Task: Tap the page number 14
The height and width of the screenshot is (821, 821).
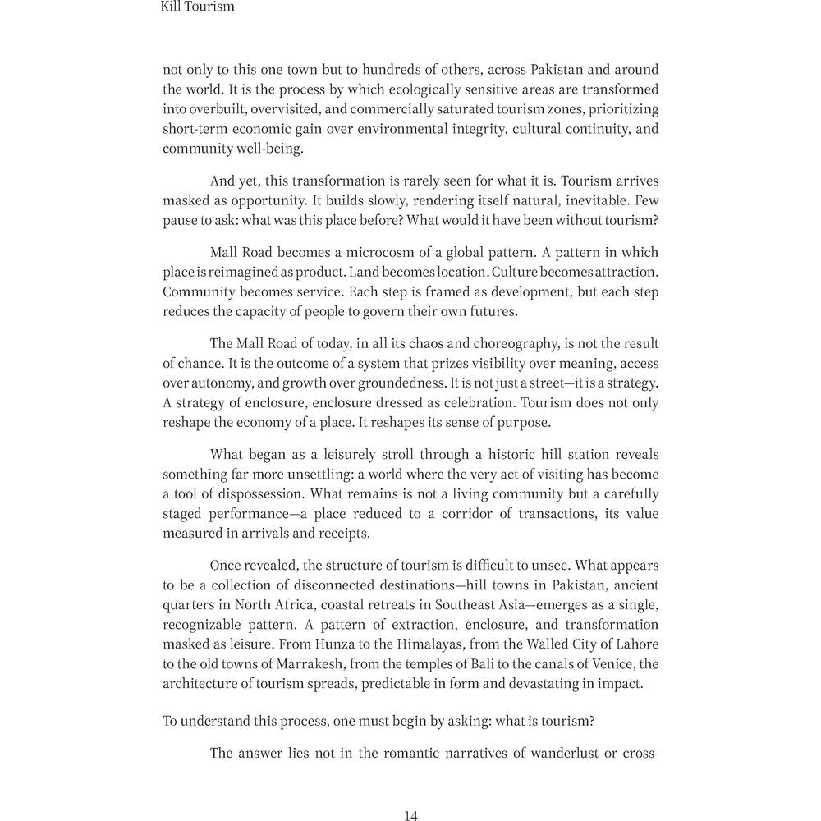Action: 411,815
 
